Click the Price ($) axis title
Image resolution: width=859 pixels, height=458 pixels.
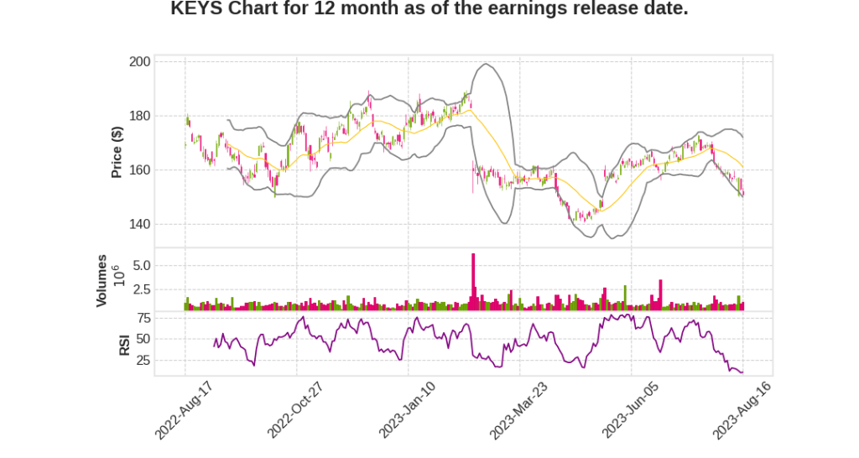pos(117,152)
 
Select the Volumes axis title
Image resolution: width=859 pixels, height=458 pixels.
pos(102,280)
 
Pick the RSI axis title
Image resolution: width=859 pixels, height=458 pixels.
pos(124,344)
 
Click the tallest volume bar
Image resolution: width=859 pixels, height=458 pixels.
pos(473,282)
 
